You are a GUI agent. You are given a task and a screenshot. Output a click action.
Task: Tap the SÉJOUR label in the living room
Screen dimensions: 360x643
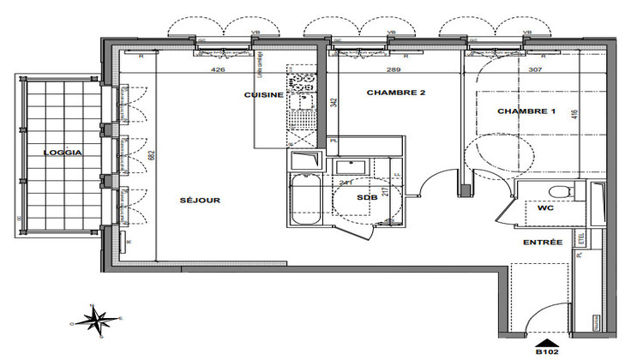(x=201, y=201)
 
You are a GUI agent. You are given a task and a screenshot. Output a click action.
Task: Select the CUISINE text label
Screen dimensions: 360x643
(x=263, y=95)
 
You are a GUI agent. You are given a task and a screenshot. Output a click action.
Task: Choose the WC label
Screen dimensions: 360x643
(x=547, y=208)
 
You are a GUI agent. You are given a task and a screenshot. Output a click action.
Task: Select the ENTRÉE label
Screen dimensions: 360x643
(x=543, y=243)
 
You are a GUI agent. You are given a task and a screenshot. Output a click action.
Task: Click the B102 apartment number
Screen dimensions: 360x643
(x=547, y=351)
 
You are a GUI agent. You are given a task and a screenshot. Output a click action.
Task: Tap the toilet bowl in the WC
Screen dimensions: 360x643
(x=558, y=191)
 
